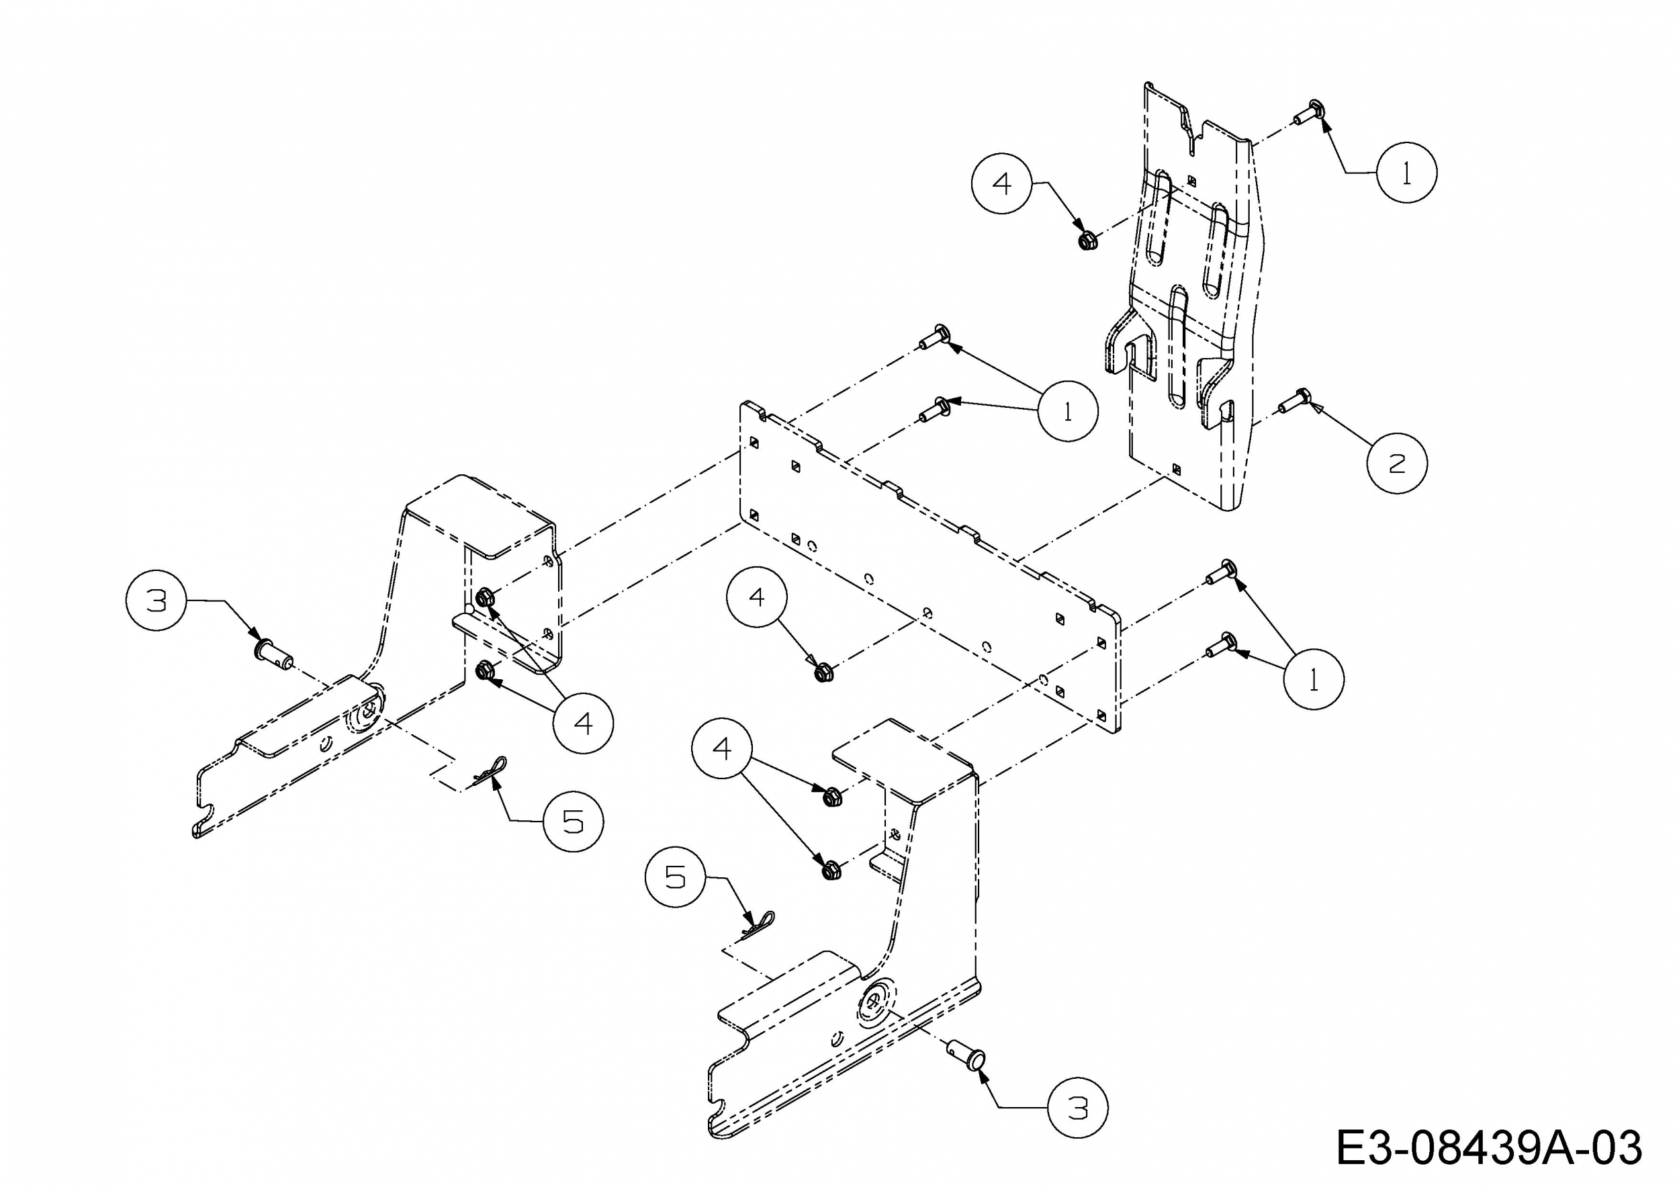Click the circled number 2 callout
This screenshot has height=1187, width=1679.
1397,463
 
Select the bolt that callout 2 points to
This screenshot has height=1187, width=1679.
1293,401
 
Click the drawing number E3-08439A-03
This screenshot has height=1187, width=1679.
1489,1147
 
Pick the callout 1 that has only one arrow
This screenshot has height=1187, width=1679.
1406,173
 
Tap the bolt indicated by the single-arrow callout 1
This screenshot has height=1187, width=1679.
1308,113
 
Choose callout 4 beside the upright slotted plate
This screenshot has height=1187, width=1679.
1001,183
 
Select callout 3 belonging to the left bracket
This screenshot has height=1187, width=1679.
156,601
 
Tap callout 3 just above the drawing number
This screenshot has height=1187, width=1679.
1078,1108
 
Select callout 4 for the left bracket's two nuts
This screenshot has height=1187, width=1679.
583,723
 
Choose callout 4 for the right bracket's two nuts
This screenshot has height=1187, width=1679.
723,748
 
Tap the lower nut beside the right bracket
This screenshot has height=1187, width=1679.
829,871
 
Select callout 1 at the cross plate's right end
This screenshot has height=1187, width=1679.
1314,679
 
